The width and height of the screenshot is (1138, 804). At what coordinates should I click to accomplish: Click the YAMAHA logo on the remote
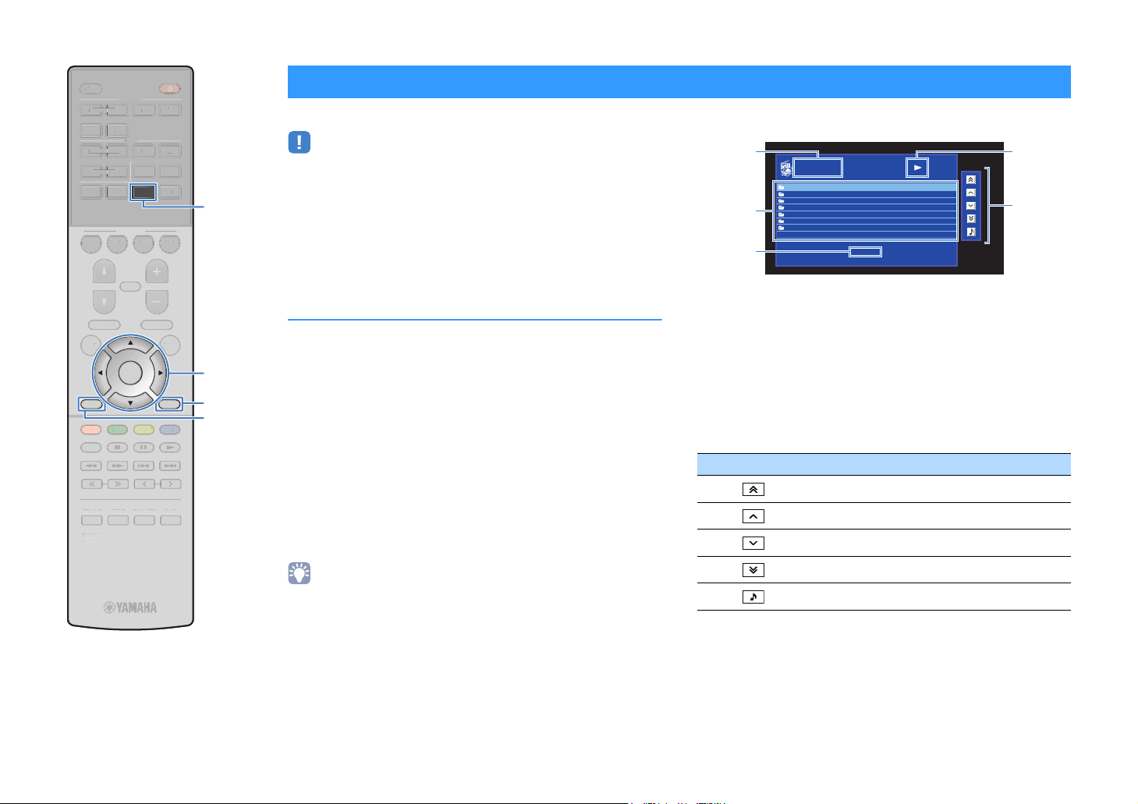pos(131,607)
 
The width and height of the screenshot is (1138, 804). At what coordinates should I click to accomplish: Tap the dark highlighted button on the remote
pos(144,192)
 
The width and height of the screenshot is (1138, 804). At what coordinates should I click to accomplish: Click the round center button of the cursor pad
pos(130,374)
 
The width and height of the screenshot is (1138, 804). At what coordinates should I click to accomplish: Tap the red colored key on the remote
pos(91,429)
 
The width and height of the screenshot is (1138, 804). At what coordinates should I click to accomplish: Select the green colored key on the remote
pos(118,429)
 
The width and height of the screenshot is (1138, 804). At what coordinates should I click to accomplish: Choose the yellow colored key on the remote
pos(144,429)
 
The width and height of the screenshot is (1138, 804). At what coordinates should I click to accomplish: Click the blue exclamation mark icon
pos(300,142)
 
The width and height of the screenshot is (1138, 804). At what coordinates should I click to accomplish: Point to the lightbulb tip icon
pos(300,573)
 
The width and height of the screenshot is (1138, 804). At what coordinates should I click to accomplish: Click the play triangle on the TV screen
pos(919,167)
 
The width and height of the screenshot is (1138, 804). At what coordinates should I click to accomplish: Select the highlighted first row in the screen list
pos(865,187)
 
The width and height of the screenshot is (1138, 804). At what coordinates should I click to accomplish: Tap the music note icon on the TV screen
pos(970,232)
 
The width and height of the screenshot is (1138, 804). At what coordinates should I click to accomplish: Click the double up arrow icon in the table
pos(753,490)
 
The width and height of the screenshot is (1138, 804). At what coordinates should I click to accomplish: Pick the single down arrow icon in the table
pos(753,543)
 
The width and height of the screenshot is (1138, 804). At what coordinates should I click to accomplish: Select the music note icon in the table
pos(753,597)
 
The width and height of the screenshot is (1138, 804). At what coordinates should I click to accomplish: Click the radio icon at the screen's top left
pos(785,168)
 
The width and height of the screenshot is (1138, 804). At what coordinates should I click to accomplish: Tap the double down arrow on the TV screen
pos(970,218)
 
